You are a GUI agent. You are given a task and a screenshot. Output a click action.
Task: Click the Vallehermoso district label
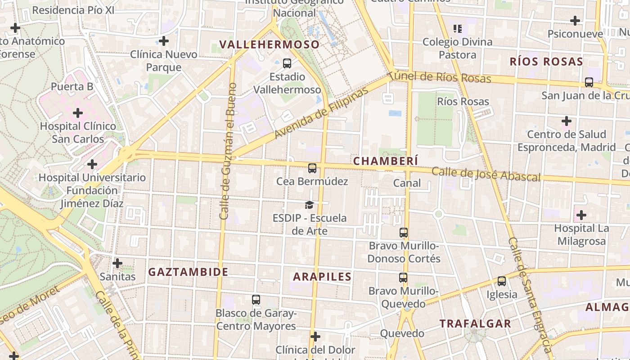coord(269,45)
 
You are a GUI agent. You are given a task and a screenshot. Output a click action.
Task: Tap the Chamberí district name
coord(386,161)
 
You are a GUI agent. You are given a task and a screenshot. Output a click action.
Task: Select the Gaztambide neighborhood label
coord(188,272)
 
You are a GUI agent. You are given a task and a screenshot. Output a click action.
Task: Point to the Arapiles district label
coord(322,276)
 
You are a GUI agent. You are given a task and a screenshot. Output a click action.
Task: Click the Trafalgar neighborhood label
coord(475,324)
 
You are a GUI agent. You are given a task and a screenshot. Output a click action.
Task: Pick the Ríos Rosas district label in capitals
coord(546,62)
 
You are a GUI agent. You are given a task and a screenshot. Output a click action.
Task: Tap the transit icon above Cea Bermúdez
coord(312,168)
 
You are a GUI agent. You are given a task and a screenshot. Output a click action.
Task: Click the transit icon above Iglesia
coord(501,281)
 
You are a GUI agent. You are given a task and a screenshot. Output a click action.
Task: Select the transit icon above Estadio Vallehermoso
coord(287,63)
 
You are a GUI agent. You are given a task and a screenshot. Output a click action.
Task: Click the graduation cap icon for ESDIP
coord(309,205)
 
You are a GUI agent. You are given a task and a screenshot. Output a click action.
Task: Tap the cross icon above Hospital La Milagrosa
coord(581,215)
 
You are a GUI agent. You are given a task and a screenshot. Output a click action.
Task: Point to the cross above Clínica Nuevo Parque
coord(164,41)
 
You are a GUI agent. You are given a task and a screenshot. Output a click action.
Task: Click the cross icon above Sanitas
coord(117,263)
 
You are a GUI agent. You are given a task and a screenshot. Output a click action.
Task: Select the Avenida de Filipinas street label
coord(321,113)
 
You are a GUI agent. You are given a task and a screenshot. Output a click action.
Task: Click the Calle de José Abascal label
coord(486,174)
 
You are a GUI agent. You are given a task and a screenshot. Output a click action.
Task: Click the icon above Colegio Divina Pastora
coord(458,29)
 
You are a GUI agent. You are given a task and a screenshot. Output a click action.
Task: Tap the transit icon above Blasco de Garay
coord(256,299)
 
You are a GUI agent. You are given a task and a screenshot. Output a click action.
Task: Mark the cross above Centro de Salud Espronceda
coord(566,121)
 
